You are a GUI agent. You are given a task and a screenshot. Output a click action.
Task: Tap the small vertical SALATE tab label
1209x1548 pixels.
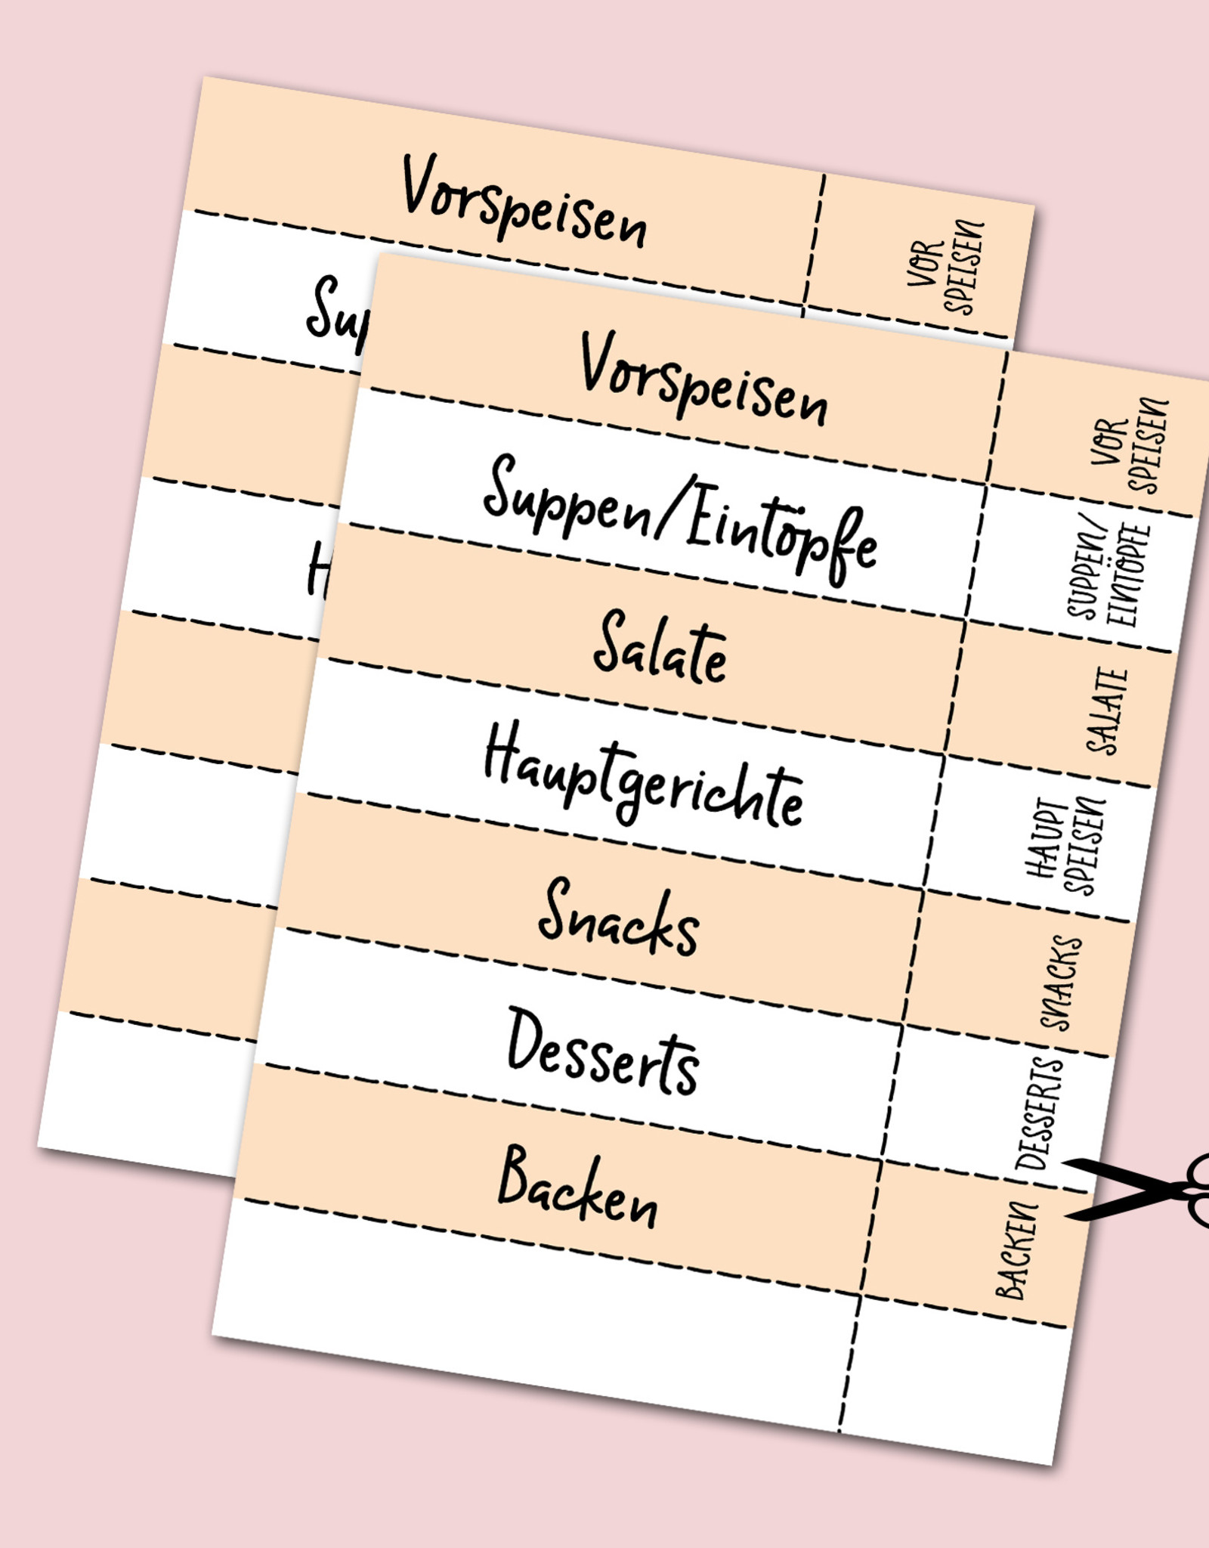[x=1106, y=711]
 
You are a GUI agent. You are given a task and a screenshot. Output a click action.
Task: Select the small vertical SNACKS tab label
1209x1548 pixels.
[x=1062, y=983]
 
